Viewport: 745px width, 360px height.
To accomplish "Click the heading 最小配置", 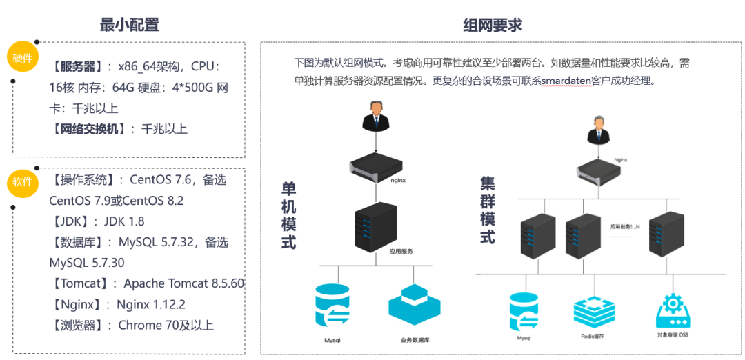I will pyautogui.click(x=130, y=25).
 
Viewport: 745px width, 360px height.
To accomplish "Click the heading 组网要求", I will pyautogui.click(x=493, y=25).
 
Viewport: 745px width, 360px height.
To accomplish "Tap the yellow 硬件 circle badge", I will pyautogui.click(x=22, y=58).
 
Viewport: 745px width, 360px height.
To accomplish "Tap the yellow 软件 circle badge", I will pyautogui.click(x=22, y=182).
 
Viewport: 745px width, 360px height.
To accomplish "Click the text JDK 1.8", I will pyautogui.click(x=124, y=221).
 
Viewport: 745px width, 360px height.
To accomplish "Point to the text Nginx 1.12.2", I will pyautogui.click(x=151, y=304).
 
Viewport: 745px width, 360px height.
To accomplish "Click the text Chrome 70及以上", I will pyautogui.click(x=166, y=325).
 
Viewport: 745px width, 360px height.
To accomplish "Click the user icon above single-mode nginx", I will pyautogui.click(x=375, y=116).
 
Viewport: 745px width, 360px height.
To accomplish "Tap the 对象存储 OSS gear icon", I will pyautogui.click(x=673, y=310).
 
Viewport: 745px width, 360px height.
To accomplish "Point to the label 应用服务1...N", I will pyautogui.click(x=625, y=226).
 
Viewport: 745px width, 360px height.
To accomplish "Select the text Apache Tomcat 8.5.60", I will pyautogui.click(x=184, y=283).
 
